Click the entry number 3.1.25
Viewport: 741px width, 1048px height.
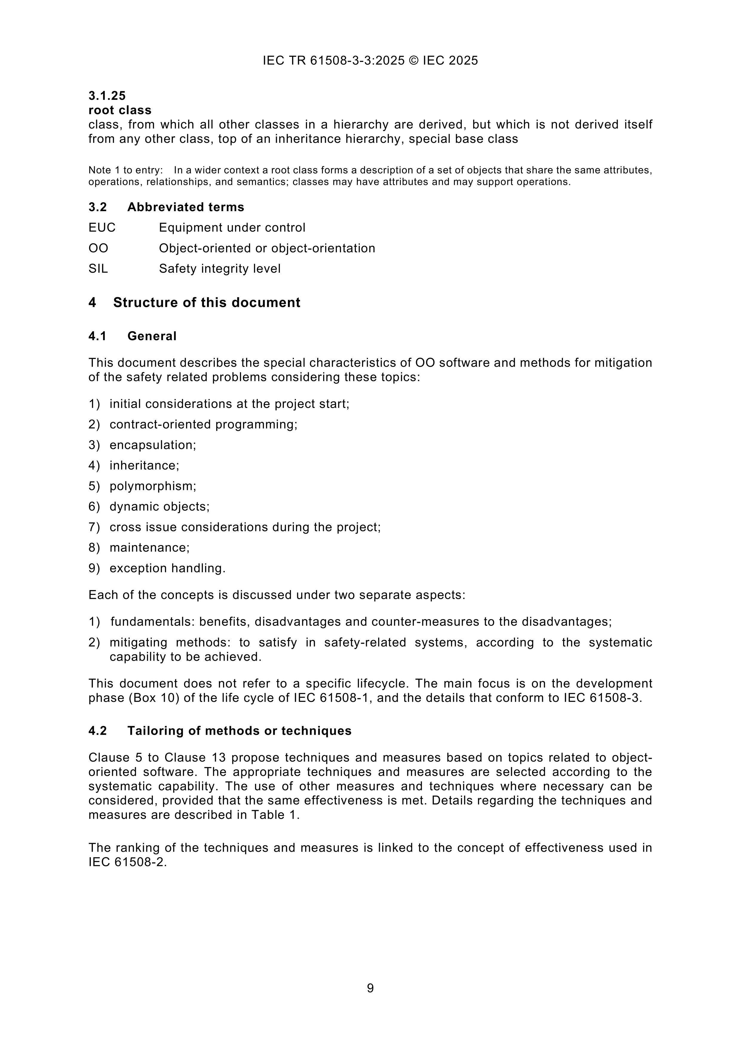click(107, 96)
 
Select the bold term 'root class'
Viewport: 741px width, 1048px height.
click(120, 110)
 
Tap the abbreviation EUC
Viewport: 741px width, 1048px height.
click(102, 227)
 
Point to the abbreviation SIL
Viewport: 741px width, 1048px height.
click(98, 268)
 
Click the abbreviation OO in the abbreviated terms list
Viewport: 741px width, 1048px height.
click(98, 248)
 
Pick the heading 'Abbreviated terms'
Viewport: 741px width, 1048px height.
click(185, 207)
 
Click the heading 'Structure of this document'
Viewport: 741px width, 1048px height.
click(206, 303)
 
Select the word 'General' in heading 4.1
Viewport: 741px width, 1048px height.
click(152, 336)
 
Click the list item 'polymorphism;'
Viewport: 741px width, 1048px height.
click(153, 486)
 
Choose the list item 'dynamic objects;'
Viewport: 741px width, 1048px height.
click(159, 507)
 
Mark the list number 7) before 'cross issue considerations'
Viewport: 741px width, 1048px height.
click(94, 527)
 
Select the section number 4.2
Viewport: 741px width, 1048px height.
click(98, 731)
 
